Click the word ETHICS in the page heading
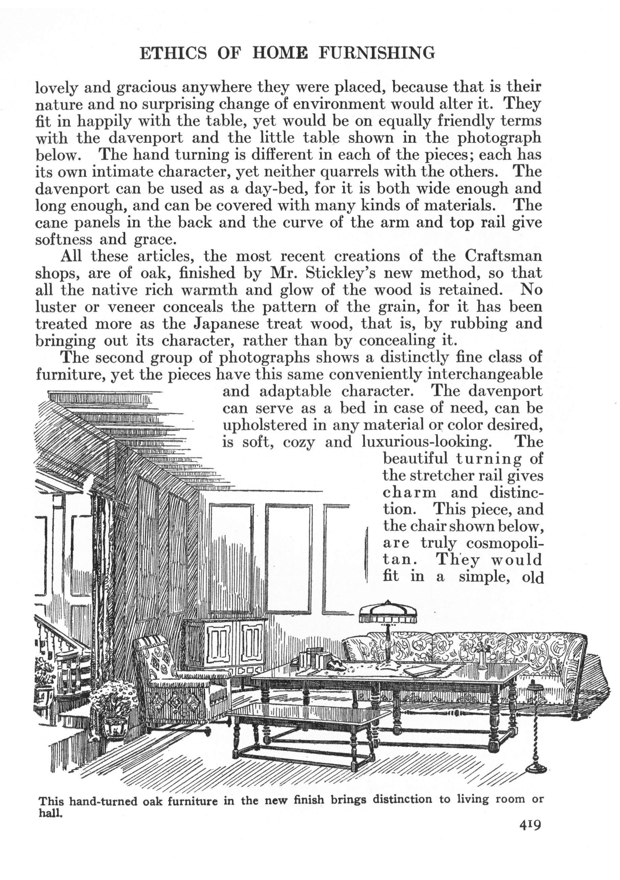pos(173,53)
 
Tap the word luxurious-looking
pos(427,442)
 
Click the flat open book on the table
pos(422,671)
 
